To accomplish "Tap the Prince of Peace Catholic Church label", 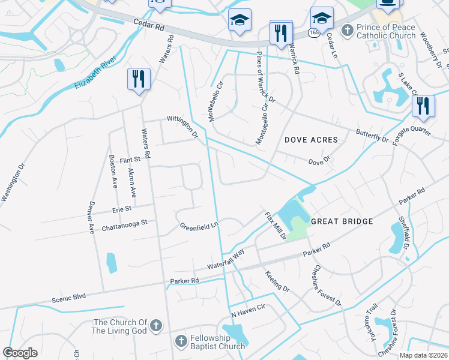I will click(x=386, y=31).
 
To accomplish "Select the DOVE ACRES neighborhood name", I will click(x=311, y=140).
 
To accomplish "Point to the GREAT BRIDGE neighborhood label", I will click(x=342, y=221).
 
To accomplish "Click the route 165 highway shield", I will click(x=314, y=33).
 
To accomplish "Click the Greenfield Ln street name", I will click(x=199, y=227).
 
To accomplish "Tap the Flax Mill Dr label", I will click(x=275, y=226).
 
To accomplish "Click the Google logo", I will click(x=20, y=353).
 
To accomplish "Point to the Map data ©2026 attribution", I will click(x=423, y=355).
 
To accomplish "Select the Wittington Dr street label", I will click(x=182, y=127).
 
